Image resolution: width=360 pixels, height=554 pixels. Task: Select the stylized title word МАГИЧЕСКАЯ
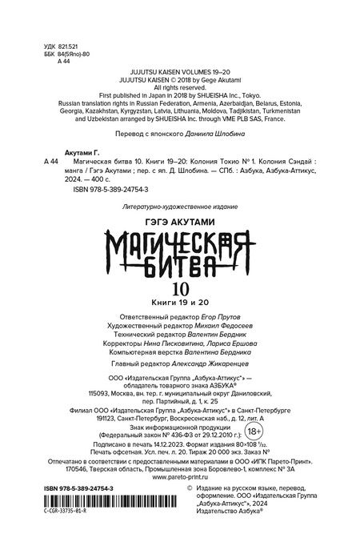pyautogui.click(x=180, y=243)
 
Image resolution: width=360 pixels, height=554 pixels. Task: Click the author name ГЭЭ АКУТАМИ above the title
pyautogui.click(x=179, y=221)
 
